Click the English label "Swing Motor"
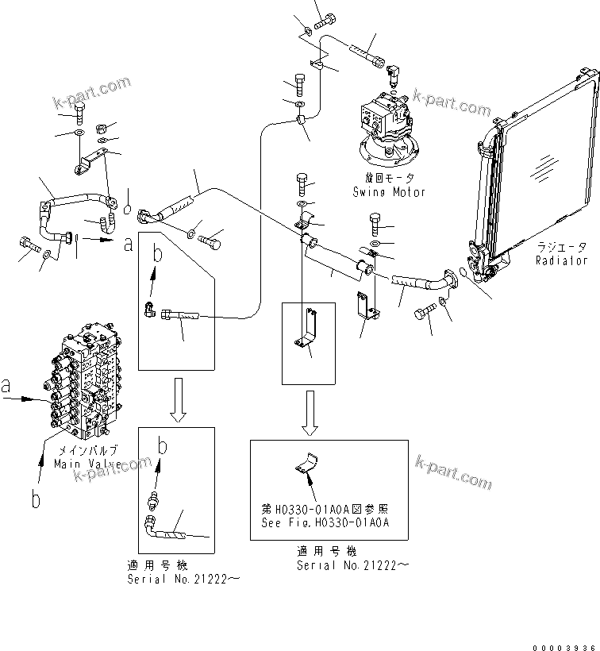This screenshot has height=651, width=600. point(389,192)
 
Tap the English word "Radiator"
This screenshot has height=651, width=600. point(561,260)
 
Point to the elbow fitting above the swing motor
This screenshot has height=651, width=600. point(392,73)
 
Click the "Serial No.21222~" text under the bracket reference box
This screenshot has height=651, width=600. point(353,565)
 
